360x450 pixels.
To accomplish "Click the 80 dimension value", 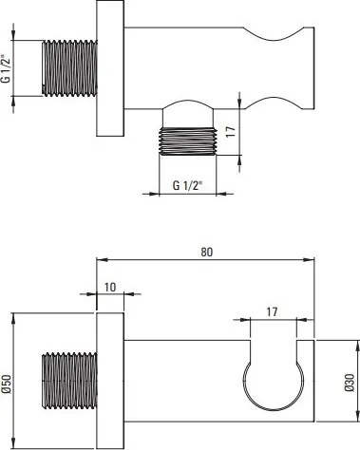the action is click(207, 253).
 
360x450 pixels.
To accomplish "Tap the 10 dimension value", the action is click(110, 287).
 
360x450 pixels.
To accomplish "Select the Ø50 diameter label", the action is click(7, 384).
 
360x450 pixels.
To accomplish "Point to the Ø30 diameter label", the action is click(350, 383).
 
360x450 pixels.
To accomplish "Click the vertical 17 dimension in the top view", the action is click(231, 132).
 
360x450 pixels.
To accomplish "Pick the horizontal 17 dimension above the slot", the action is click(272, 312).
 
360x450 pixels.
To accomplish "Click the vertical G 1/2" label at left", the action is click(7, 68).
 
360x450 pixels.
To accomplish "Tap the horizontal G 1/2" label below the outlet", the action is click(187, 185).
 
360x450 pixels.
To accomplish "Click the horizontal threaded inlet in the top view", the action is click(69, 67).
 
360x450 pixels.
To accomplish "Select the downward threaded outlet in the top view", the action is click(187, 141).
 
